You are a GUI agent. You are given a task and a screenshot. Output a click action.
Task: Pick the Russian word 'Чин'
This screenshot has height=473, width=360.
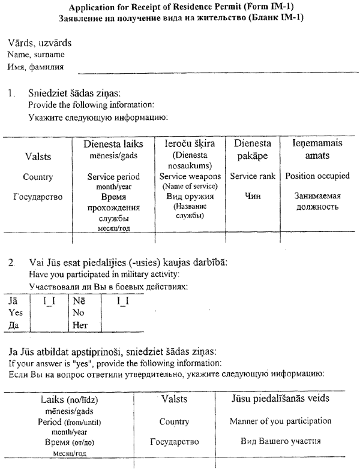253,195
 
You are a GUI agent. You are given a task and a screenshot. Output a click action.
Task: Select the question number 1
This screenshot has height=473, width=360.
11,94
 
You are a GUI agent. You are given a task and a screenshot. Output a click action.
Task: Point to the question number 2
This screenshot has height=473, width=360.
11,263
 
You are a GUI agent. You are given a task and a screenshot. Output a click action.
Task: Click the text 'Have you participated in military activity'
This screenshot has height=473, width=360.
104,275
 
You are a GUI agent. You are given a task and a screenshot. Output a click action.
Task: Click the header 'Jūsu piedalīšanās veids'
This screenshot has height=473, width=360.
280,399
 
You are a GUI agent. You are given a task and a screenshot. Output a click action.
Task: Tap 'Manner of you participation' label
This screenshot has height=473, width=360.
280,421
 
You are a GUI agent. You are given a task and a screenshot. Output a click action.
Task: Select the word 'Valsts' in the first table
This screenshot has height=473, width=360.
38,156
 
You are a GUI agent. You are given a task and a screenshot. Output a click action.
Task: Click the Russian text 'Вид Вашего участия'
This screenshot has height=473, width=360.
280,441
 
